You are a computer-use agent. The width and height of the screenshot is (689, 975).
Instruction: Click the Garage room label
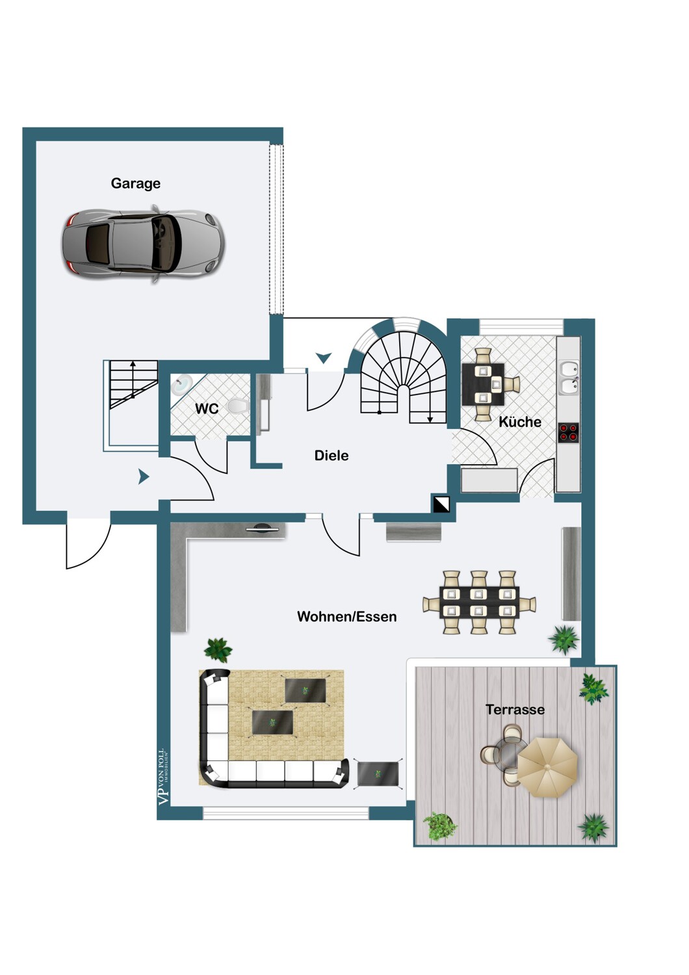pyautogui.click(x=135, y=183)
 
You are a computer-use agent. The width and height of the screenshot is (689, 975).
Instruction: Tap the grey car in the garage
pyautogui.click(x=143, y=244)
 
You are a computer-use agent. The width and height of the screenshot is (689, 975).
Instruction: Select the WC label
pyautogui.click(x=207, y=409)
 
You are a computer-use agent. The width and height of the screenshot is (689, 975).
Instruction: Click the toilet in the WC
pyautogui.click(x=237, y=406)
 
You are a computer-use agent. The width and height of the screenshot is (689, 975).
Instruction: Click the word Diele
pyautogui.click(x=331, y=456)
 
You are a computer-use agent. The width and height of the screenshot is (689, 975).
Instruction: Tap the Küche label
pyautogui.click(x=520, y=422)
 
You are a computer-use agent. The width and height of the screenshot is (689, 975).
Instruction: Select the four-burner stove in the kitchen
pyautogui.click(x=569, y=432)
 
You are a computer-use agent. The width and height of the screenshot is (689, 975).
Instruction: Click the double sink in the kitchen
pyautogui.click(x=569, y=378)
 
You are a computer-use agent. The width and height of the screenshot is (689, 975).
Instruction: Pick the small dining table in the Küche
pyautogui.click(x=483, y=384)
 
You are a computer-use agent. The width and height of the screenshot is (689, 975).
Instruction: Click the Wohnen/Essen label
pyautogui.click(x=347, y=617)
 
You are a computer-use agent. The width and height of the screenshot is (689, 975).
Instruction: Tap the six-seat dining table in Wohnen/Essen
pyautogui.click(x=479, y=602)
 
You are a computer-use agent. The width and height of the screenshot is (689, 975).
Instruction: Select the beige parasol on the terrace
pyautogui.click(x=547, y=768)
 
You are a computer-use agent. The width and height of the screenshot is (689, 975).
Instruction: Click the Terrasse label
pyautogui.click(x=515, y=710)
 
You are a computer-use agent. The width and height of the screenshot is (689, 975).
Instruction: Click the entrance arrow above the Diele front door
pyautogui.click(x=324, y=357)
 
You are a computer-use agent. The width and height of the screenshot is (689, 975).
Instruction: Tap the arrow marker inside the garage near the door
pyautogui.click(x=144, y=476)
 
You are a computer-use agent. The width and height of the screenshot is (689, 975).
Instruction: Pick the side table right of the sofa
pyautogui.click(x=378, y=774)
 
